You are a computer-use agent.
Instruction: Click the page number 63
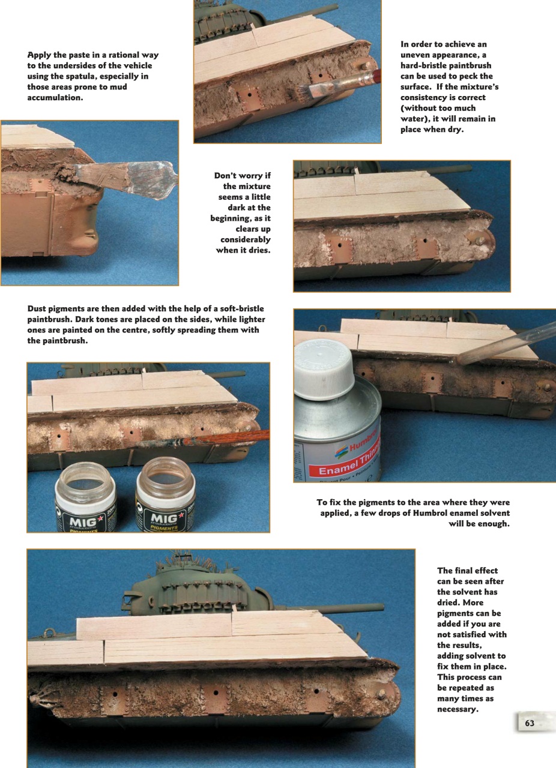(530, 723)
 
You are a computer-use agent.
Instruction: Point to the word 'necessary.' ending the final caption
(458, 709)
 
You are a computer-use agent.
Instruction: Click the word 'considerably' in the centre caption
(246, 239)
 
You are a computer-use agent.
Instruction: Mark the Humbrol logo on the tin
(364, 443)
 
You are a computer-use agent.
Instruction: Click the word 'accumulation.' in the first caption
(55, 97)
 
